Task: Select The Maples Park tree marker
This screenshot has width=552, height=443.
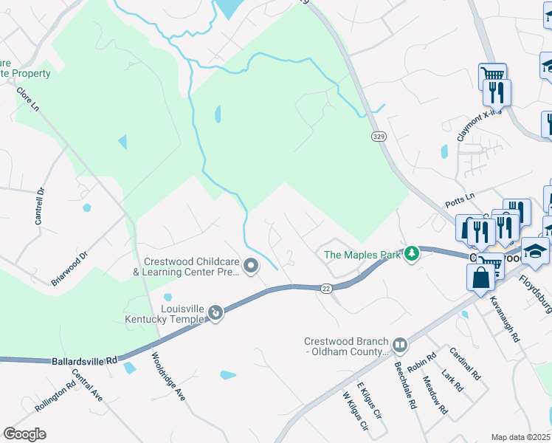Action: point(412,254)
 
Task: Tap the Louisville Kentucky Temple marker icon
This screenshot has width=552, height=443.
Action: point(215,313)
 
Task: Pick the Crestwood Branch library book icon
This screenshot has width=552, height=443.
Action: point(399,345)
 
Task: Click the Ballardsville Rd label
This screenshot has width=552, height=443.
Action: point(85,361)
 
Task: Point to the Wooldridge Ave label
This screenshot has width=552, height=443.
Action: point(168,377)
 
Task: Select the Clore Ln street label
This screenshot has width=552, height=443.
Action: point(28,99)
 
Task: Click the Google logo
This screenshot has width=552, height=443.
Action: point(25,434)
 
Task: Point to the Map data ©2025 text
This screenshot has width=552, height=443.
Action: point(520,437)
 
